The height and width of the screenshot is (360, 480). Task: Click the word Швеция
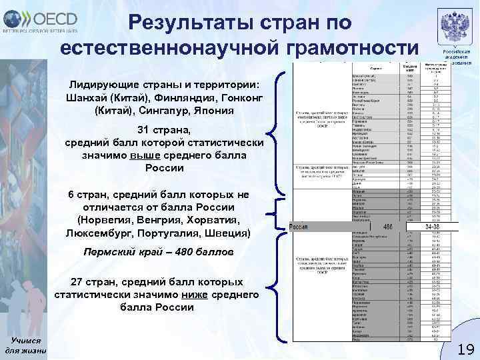click(x=227, y=233)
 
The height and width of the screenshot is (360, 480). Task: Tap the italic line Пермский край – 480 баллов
click(x=158, y=253)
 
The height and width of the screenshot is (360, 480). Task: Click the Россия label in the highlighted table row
click(x=301, y=227)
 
